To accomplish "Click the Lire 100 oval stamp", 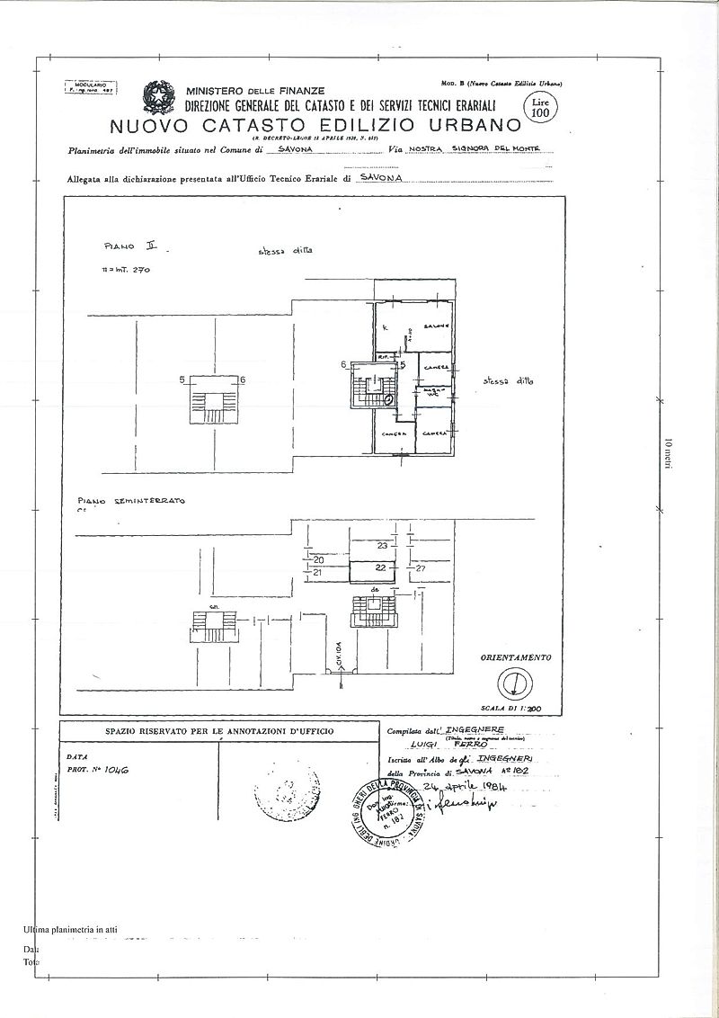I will click(540, 106).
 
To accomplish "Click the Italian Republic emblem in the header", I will click(160, 96).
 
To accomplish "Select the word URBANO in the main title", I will click(472, 124).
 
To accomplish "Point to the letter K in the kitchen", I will click(384, 328).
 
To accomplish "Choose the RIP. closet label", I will click(383, 356).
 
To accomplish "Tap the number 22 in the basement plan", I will click(380, 567).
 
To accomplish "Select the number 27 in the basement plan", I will click(420, 568).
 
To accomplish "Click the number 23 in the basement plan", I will click(381, 546).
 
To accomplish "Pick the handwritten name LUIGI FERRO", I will click(458, 745).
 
